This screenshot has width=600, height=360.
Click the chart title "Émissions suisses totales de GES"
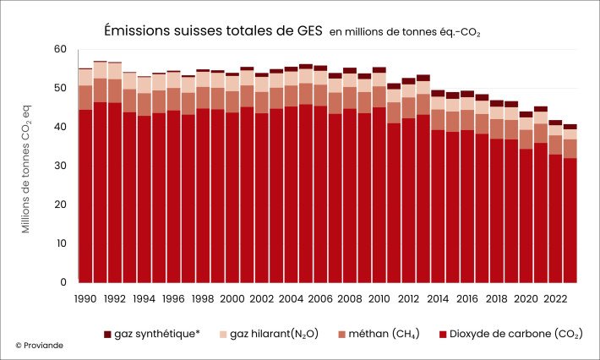pyautogui.click(x=212, y=30)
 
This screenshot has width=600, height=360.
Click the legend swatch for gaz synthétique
pyautogui.click(x=108, y=334)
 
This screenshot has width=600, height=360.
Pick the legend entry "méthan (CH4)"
pyautogui.click(x=385, y=334)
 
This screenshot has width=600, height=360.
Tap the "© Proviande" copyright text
pyautogui.click(x=39, y=346)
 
